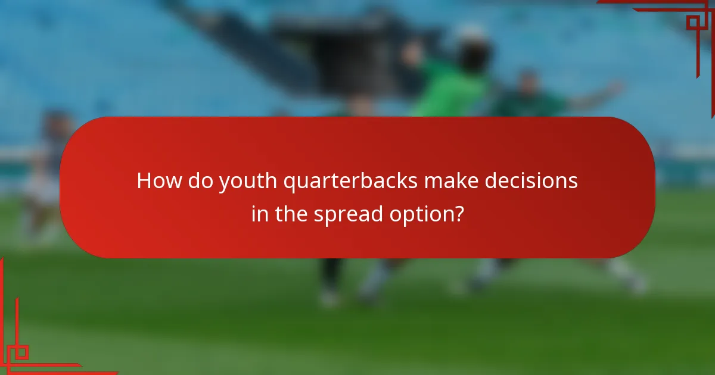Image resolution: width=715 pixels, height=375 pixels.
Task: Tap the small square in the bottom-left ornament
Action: pos(21,352)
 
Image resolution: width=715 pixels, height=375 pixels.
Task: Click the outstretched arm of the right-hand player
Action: pos(596,95)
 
